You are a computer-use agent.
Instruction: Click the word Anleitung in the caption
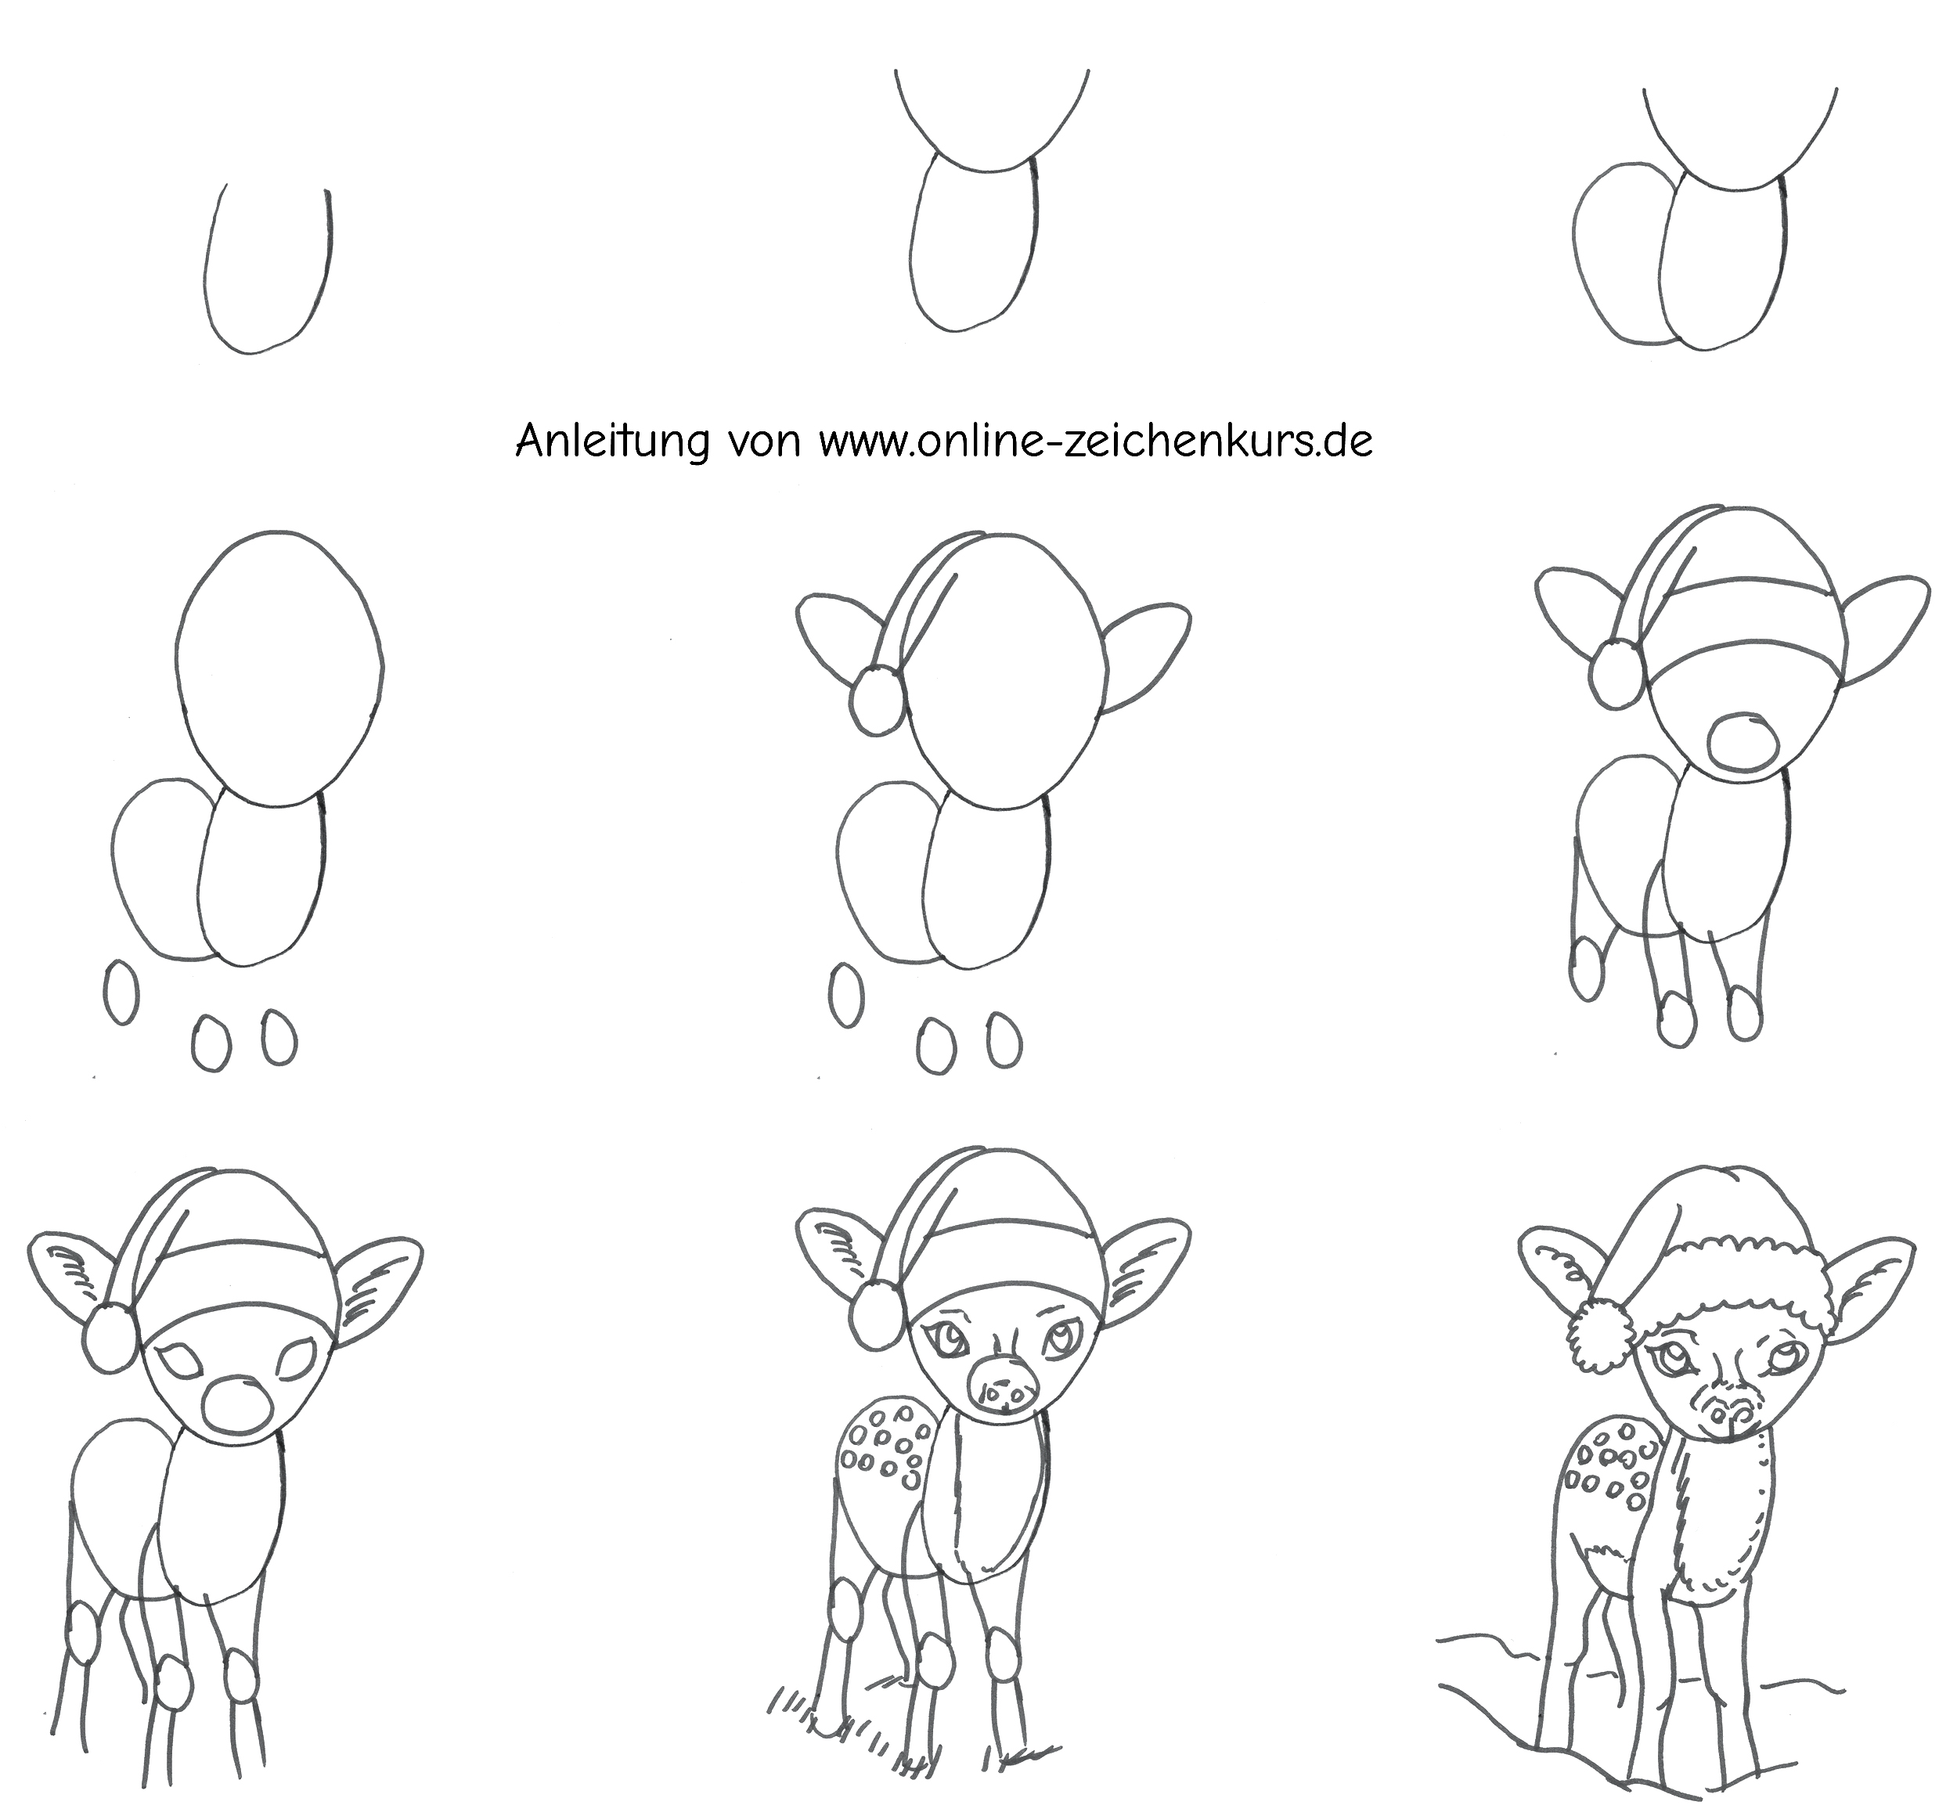(x=611, y=441)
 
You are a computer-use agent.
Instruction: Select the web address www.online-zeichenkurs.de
(x=1096, y=441)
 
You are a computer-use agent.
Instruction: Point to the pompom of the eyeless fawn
(x=1614, y=672)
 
